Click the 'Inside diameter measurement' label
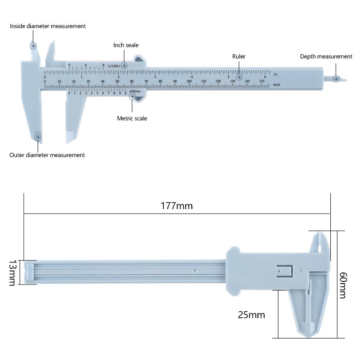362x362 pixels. click(x=48, y=26)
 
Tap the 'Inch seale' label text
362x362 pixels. click(x=126, y=45)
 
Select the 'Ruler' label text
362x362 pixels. click(x=239, y=57)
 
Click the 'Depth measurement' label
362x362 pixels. click(x=326, y=57)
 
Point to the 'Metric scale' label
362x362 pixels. click(x=132, y=119)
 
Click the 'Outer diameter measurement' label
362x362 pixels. click(x=47, y=155)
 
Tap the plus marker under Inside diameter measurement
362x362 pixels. click(x=33, y=46)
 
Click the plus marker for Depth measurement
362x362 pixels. click(x=336, y=79)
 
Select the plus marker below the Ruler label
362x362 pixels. click(x=239, y=77)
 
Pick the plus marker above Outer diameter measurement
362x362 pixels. click(x=38, y=137)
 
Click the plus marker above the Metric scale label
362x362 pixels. click(x=132, y=96)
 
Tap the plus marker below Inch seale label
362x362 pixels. click(x=124, y=66)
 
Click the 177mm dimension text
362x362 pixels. click(x=176, y=206)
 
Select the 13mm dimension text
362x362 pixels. click(x=12, y=272)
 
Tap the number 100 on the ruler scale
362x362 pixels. click(x=189, y=81)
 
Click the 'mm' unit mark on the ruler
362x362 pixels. click(x=277, y=85)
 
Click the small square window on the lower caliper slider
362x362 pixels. click(x=284, y=271)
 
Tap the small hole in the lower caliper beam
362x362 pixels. click(x=195, y=271)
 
